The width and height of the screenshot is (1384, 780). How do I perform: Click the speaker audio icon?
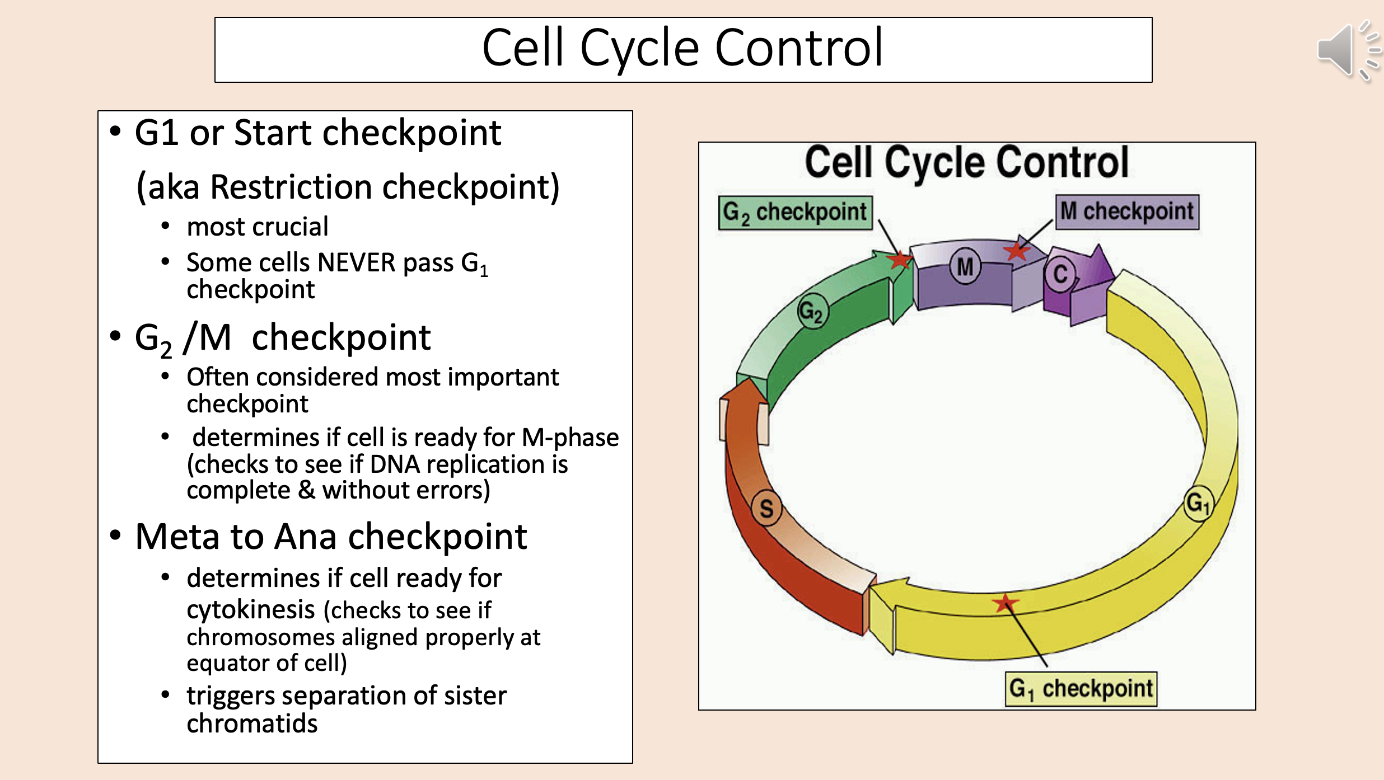1346,51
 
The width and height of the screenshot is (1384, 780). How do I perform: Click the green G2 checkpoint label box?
795,213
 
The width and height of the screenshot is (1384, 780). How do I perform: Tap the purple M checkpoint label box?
1127,212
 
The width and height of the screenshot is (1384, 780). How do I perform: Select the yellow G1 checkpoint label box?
1081,689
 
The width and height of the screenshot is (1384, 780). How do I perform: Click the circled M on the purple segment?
965,267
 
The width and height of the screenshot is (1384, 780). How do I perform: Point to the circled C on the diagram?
1060,274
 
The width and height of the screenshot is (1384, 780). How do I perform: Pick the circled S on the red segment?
766,509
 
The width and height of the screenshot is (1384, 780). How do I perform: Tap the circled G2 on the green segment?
812,311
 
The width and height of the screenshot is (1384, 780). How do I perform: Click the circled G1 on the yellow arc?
1198,503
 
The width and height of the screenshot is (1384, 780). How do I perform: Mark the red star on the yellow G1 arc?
1005,603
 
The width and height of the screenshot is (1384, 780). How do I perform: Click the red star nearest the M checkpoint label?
1016,251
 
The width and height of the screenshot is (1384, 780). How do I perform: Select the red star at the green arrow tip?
900,260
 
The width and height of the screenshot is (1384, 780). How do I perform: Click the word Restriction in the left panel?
291,187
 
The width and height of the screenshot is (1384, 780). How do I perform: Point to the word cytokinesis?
251,609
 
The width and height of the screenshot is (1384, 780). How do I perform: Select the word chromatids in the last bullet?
252,723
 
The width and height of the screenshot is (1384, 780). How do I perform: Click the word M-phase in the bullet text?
570,438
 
